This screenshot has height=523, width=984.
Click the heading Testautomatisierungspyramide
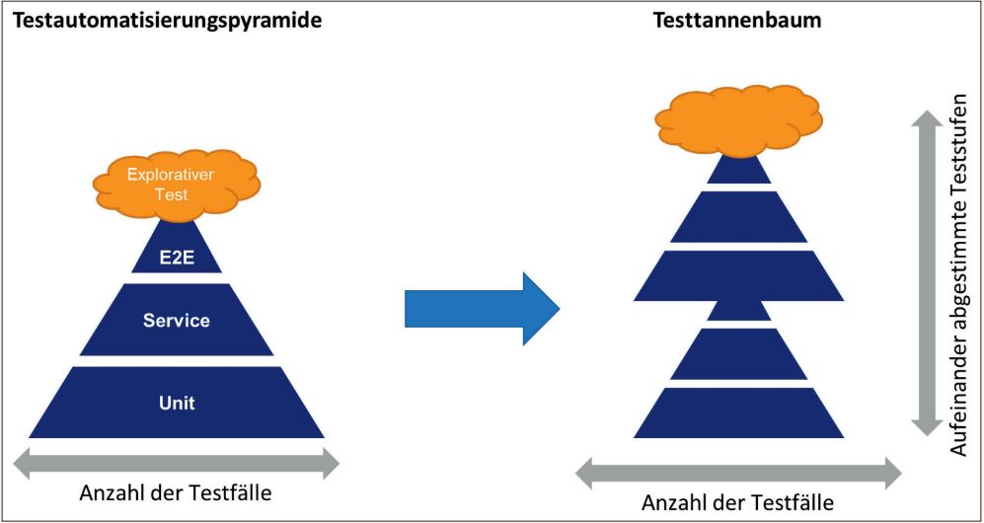click(x=167, y=20)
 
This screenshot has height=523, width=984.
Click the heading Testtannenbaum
click(x=737, y=20)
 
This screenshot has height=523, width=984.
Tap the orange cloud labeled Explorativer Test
click(x=177, y=184)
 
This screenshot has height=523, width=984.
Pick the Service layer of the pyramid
click(x=177, y=320)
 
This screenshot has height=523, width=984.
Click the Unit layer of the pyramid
click(x=177, y=403)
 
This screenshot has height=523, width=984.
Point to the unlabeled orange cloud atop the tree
click(x=738, y=117)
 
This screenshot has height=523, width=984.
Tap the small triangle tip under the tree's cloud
click(x=738, y=172)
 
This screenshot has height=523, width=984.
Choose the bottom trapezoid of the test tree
click(x=738, y=413)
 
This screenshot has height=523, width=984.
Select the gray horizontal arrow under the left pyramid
click(x=177, y=462)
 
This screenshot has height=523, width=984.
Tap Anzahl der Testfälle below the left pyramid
click(x=177, y=492)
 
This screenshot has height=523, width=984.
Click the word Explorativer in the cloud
click(x=177, y=176)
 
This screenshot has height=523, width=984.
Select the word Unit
click(x=177, y=403)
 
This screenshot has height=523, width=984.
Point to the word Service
click(x=177, y=320)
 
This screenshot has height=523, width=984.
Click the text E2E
click(x=177, y=261)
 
